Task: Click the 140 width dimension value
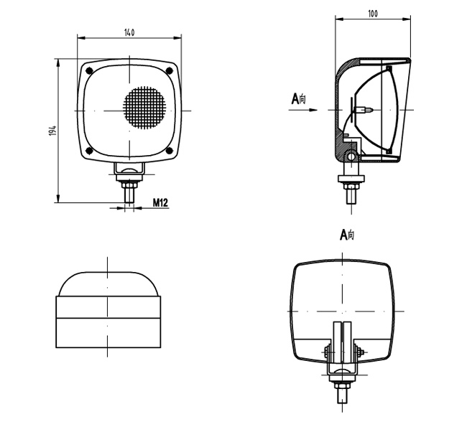129,33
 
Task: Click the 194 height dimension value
52,131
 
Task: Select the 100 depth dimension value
372,14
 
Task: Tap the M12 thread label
160,204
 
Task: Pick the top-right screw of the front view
170,70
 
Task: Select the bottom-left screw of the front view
88,150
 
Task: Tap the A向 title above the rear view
347,235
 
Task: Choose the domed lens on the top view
108,283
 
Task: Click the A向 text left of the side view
298,98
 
